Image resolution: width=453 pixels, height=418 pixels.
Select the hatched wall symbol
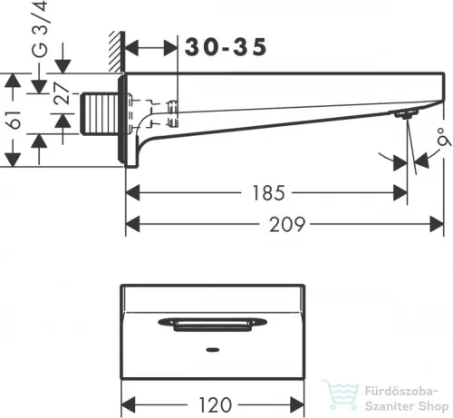coord(116,54)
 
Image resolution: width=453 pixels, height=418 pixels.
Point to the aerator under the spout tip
coord(402,114)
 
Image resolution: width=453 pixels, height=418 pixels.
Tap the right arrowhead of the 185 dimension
coord(400,192)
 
